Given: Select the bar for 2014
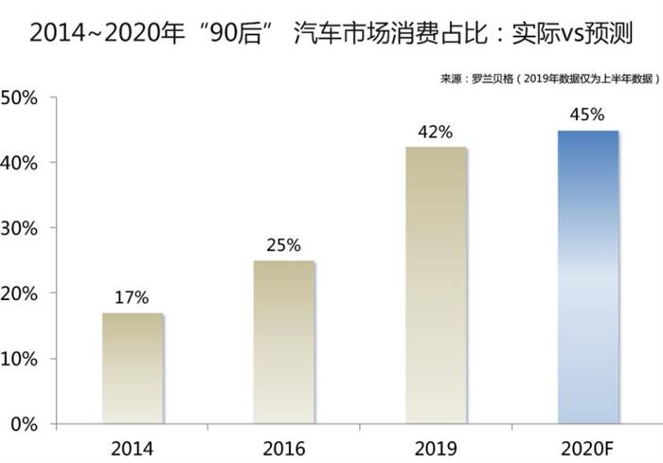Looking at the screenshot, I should pyautogui.click(x=133, y=367).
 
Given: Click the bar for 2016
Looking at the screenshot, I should pyautogui.click(x=283, y=342).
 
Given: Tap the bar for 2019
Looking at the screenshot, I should pyautogui.click(x=435, y=285).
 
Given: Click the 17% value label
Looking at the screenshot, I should pyautogui.click(x=133, y=297).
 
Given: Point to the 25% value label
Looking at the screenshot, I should pyautogui.click(x=283, y=245).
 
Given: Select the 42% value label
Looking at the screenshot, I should pyautogui.click(x=435, y=133).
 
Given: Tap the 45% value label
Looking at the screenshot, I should pyautogui.click(x=587, y=116).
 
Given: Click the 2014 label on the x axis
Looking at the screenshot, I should pyautogui.click(x=133, y=445).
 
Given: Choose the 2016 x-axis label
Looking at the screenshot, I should pyautogui.click(x=283, y=445).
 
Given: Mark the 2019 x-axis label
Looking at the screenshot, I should pyautogui.click(x=435, y=445).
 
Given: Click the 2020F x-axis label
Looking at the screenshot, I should pyautogui.click(x=587, y=445).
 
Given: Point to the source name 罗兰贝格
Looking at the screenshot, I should pyautogui.click(x=493, y=79).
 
